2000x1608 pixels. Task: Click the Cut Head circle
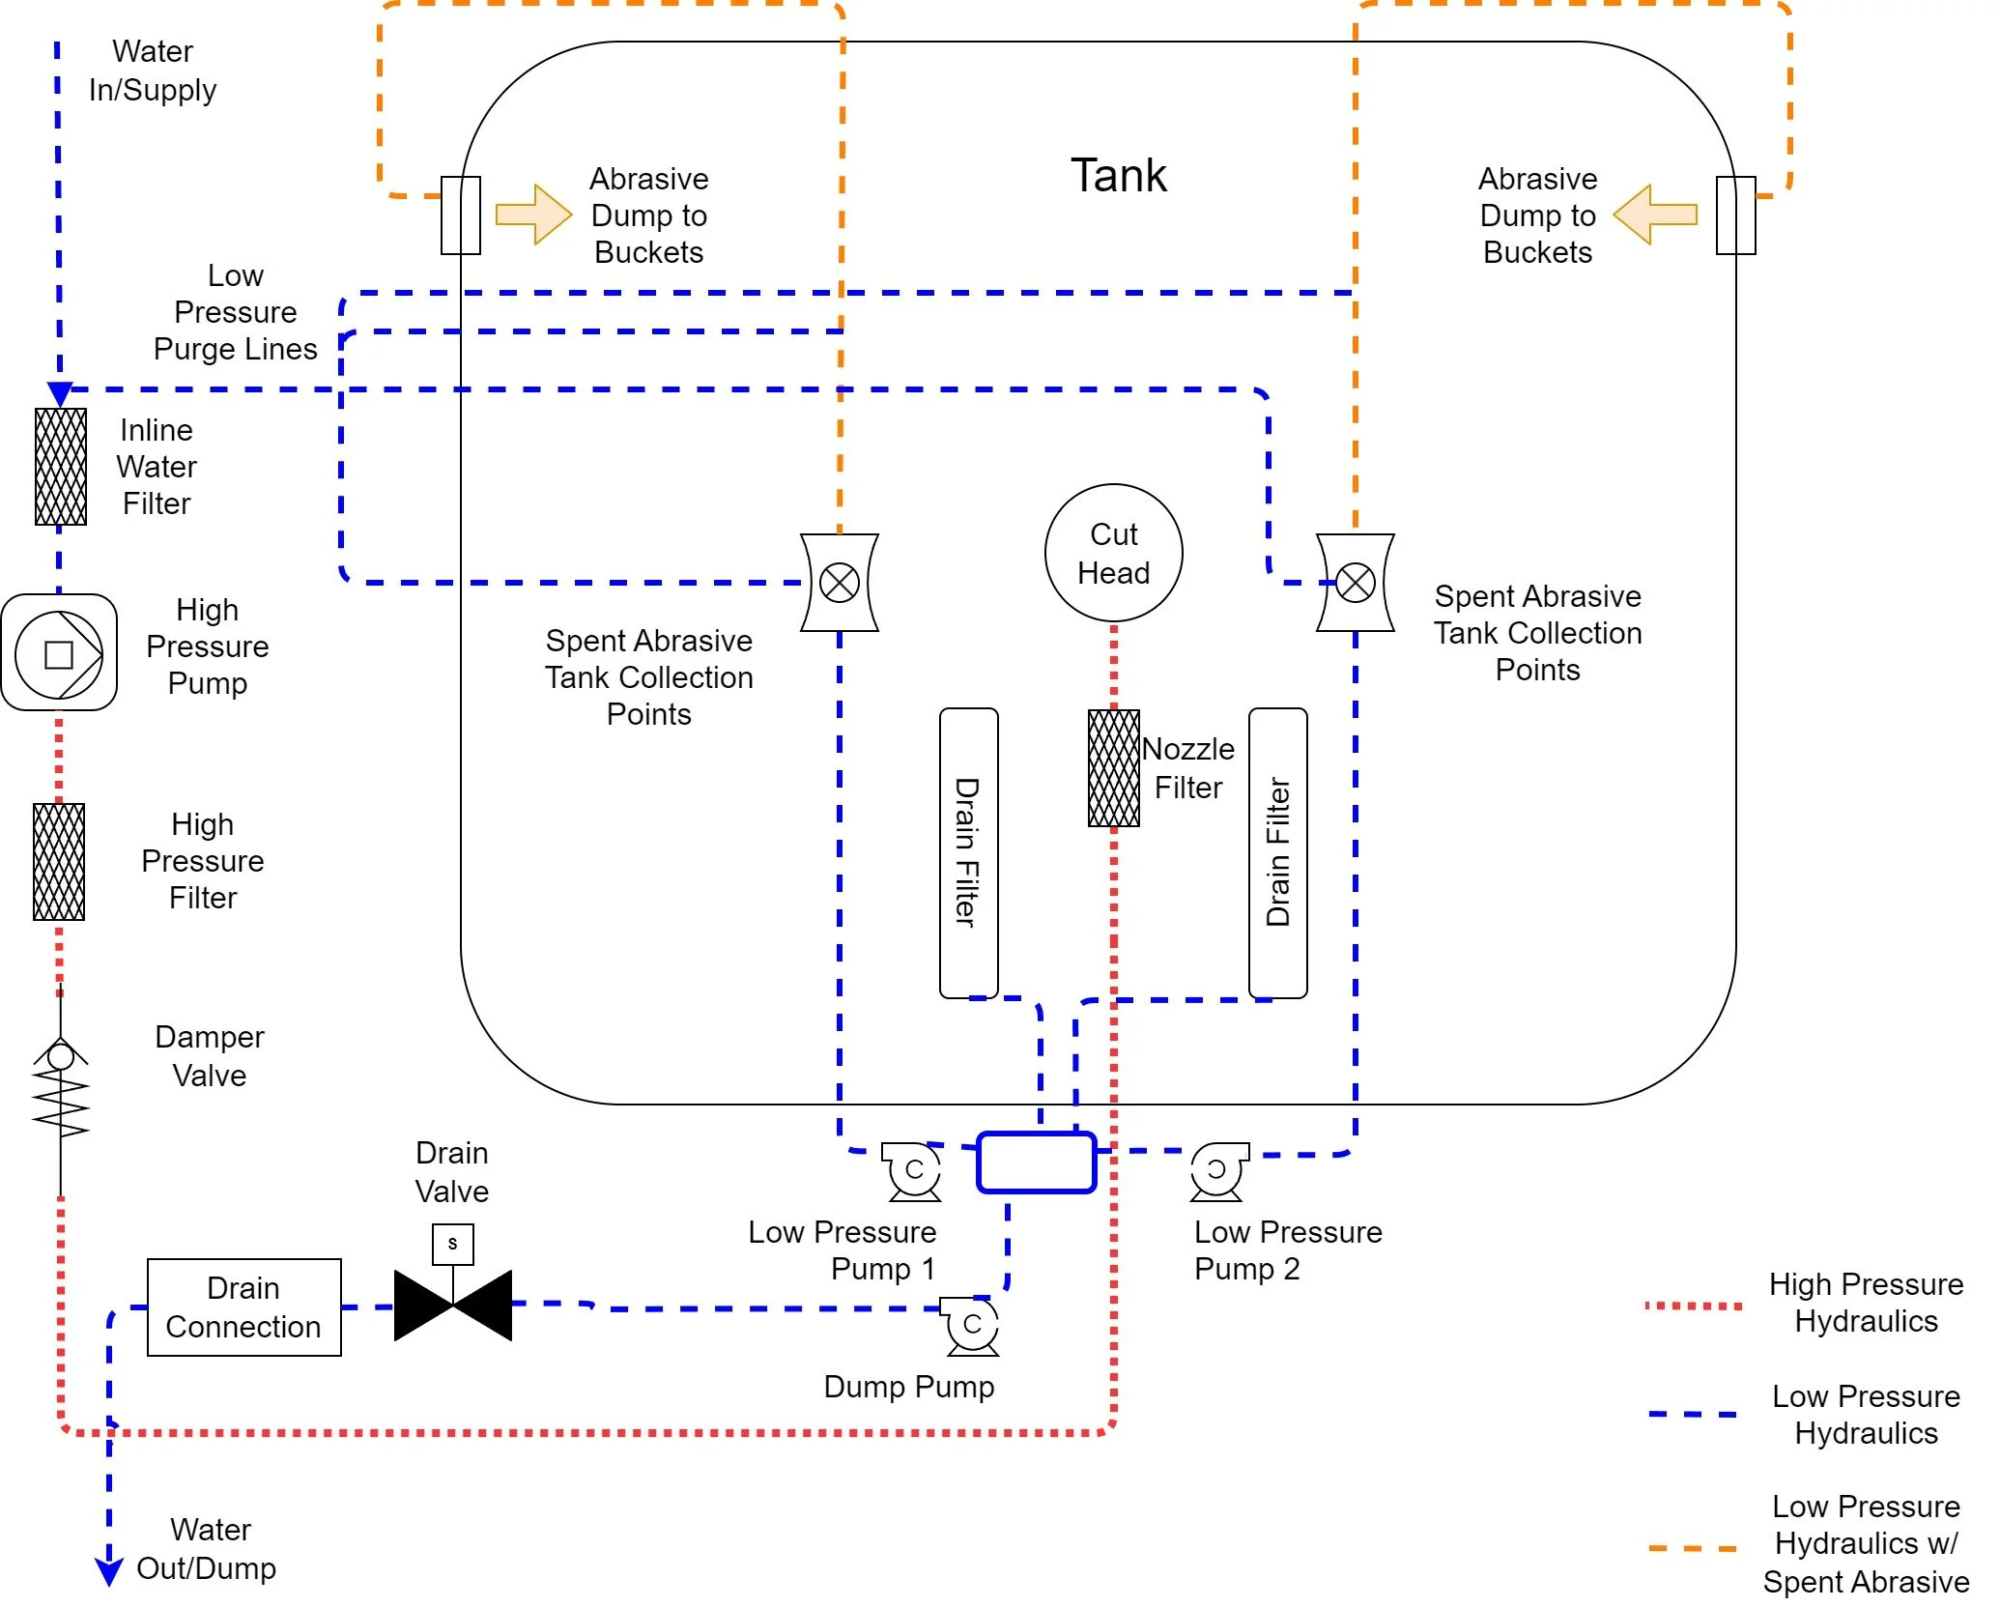[1113, 553]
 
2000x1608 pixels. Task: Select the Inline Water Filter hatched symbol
[60, 467]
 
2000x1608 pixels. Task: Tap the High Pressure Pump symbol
[59, 653]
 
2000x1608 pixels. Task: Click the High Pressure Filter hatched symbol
[59, 861]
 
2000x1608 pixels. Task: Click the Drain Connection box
[243, 1306]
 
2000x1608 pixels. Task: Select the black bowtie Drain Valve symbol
[452, 1306]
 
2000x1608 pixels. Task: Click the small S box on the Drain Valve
[452, 1244]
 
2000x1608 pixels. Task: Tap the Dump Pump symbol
[972, 1326]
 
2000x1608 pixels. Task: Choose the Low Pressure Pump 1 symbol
[913, 1171]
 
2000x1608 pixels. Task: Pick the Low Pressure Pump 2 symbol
[1217, 1170]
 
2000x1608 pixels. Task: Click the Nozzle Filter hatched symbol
[1113, 768]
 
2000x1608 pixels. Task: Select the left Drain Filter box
[968, 852]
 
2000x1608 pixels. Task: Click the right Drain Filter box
[1277, 852]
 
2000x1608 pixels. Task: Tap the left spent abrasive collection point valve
[839, 583]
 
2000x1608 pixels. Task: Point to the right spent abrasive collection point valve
[1355, 583]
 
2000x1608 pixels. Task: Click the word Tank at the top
[1118, 176]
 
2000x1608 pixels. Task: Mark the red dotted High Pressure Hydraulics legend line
[1693, 1306]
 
